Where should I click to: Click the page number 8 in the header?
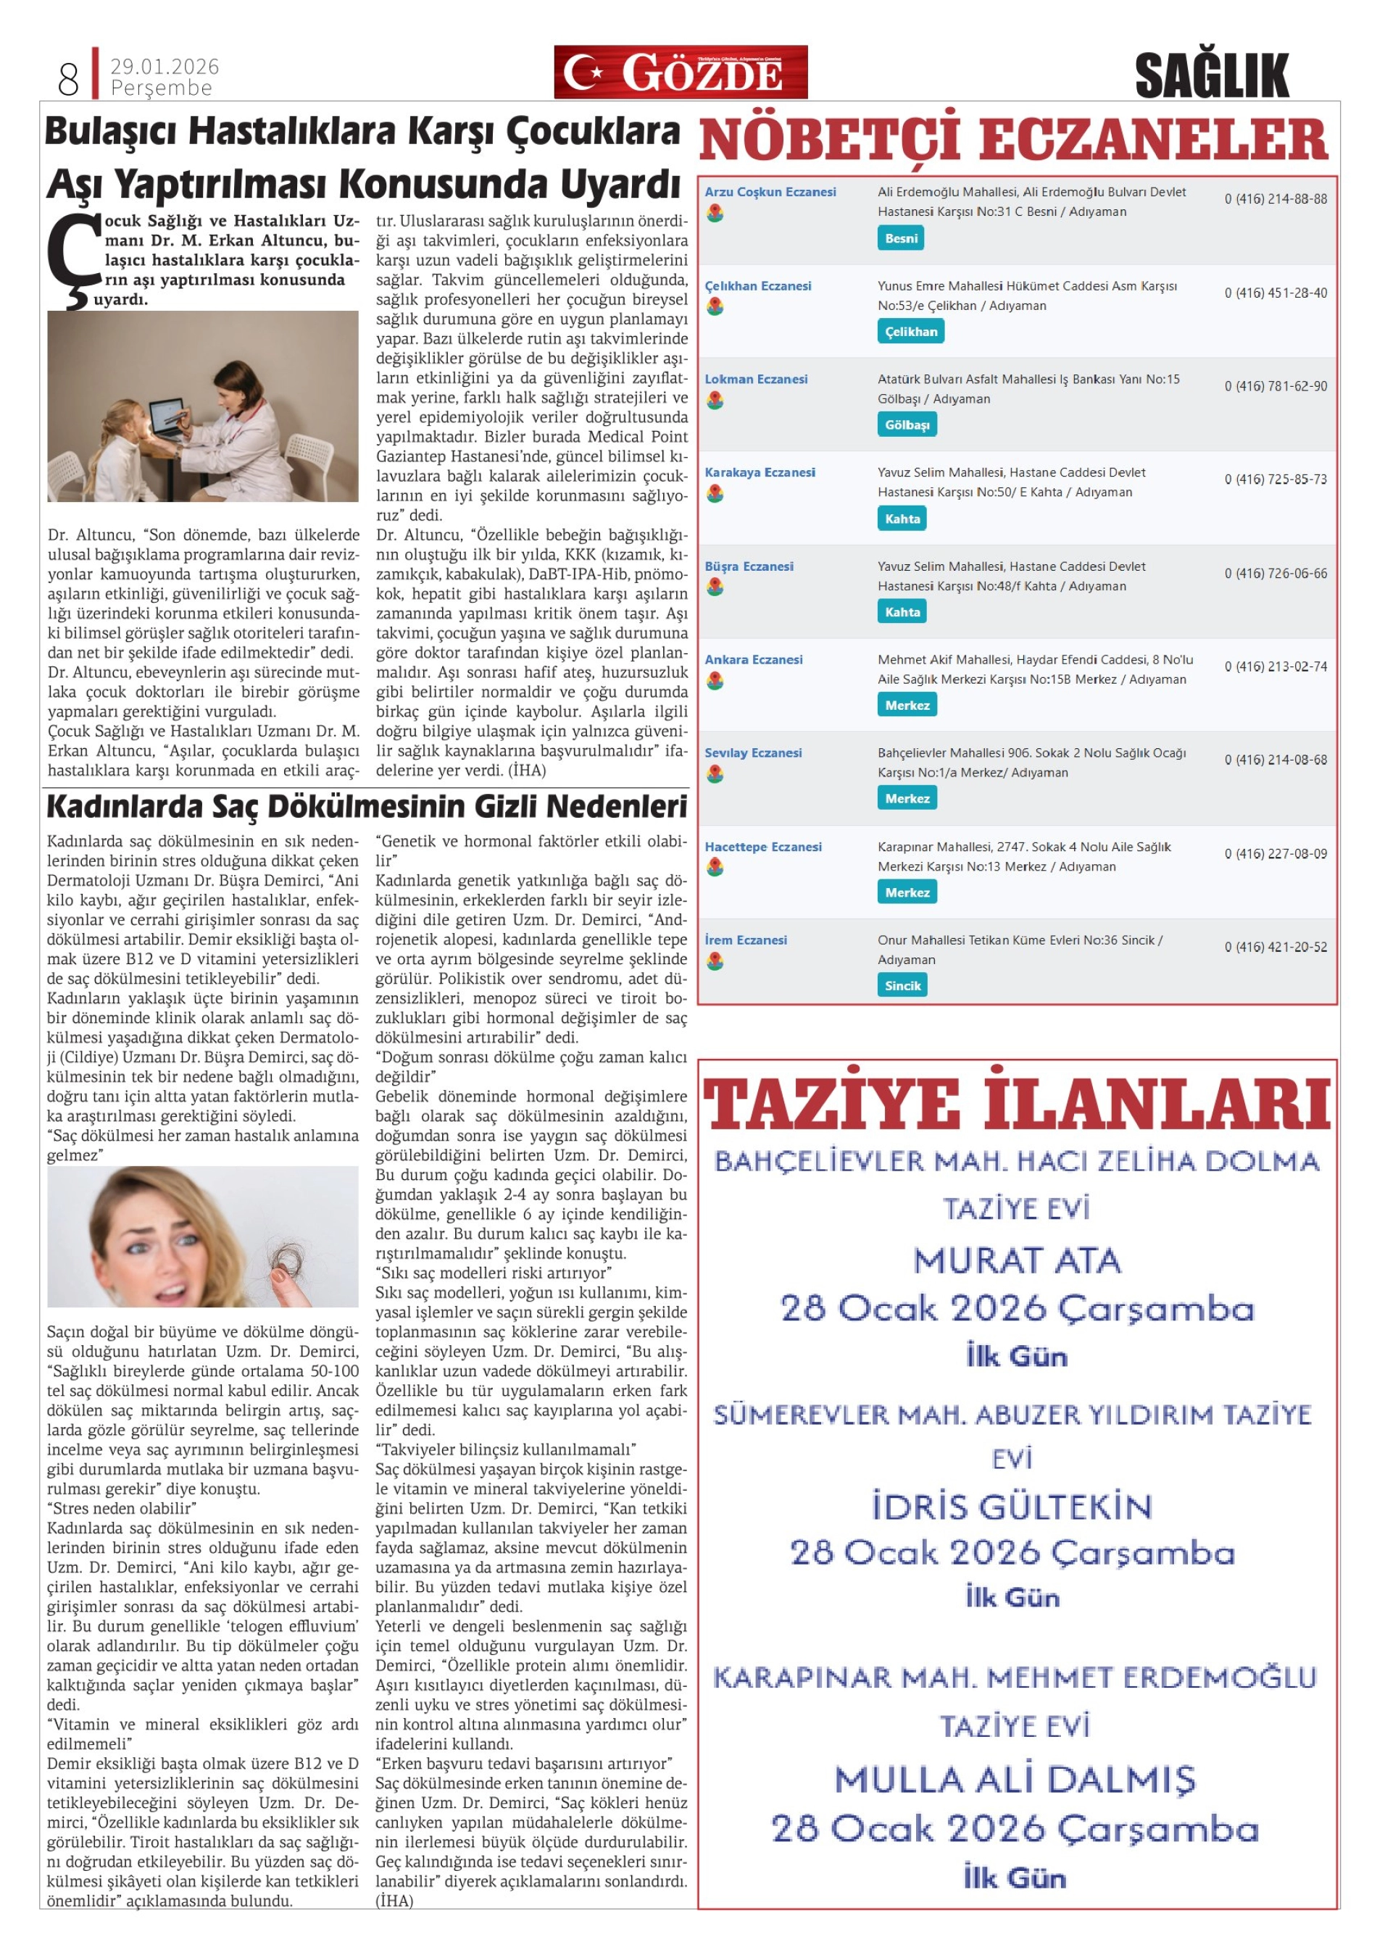68,79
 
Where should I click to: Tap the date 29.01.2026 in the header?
165,66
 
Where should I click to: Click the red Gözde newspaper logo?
680,72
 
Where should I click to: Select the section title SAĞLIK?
1211,75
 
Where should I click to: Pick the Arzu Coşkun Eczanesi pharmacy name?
770,193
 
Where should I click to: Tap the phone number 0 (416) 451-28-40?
1276,293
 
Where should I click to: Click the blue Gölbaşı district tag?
906,425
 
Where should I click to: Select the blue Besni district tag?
900,238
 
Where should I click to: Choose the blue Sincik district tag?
902,985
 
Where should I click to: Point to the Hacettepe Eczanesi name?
762,846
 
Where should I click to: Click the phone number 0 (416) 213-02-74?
1276,666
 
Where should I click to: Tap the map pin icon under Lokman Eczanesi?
715,401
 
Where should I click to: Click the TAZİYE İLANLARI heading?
1016,1105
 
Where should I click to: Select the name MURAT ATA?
1016,1261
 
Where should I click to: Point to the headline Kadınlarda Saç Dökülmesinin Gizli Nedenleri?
367,806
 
